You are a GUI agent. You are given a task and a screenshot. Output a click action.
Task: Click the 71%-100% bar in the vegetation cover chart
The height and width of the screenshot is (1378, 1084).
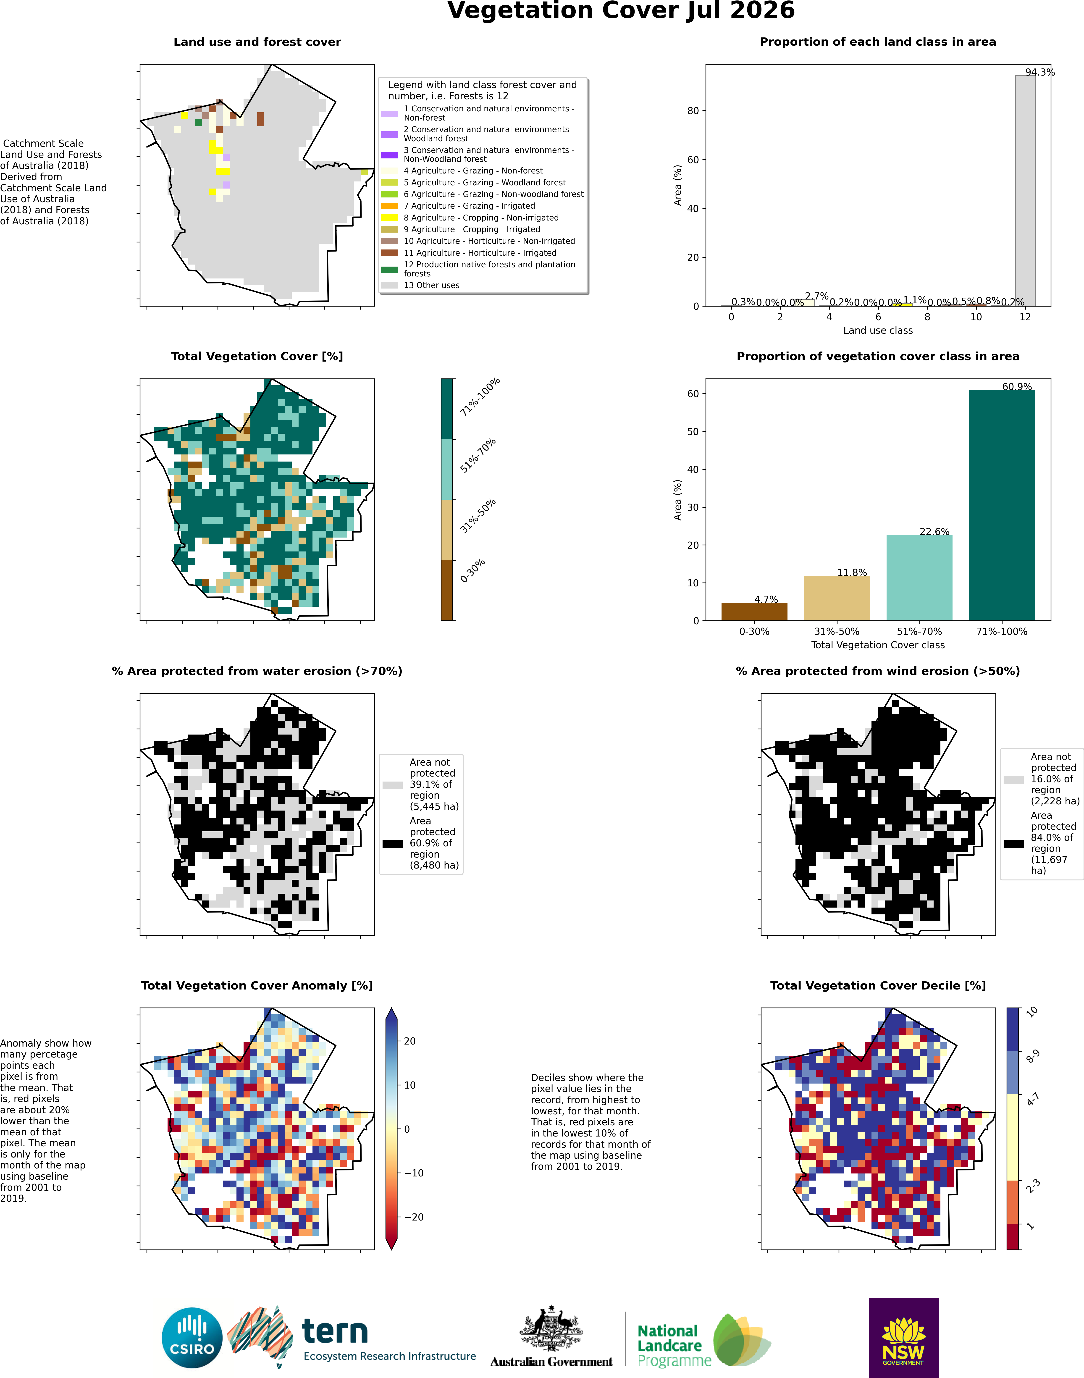pos(1002,505)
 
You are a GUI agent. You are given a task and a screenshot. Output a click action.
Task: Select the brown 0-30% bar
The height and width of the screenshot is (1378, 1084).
pos(754,611)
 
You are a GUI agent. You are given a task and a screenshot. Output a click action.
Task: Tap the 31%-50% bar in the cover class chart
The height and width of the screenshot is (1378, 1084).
pos(837,598)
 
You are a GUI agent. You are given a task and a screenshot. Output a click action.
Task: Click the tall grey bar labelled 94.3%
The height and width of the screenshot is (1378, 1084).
pos(1025,190)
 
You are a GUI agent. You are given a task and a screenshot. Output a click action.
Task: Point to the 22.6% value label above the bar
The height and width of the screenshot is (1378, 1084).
pos(934,531)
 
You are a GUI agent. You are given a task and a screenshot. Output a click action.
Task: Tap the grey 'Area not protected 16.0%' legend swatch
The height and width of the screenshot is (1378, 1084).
pos(1013,780)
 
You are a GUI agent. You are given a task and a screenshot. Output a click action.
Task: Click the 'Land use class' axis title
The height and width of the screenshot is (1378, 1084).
pos(878,330)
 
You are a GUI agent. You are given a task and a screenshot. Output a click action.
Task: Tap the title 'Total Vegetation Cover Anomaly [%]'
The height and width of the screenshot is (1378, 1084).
pos(257,985)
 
